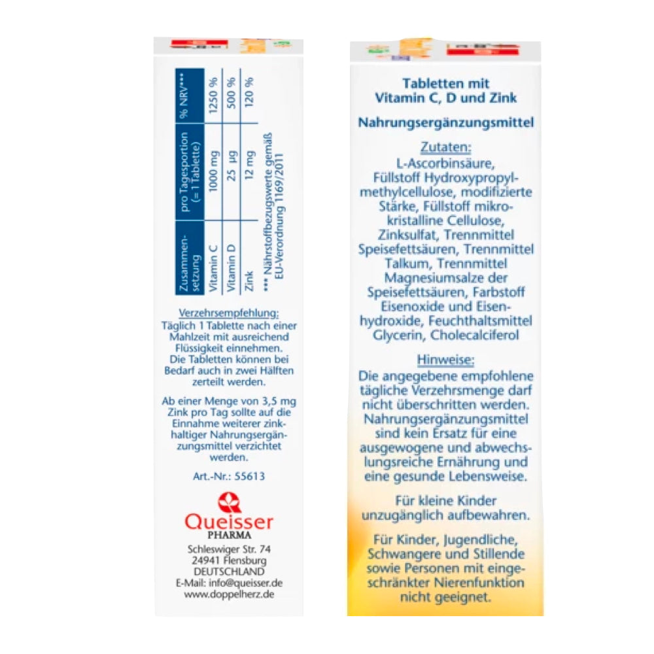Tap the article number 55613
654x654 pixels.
[229, 476]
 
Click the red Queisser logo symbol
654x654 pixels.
[229, 504]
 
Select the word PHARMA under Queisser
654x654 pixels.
[228, 535]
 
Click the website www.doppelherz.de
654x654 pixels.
[229, 594]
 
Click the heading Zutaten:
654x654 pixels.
[446, 147]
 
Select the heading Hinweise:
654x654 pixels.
[446, 360]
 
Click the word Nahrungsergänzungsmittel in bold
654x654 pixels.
[446, 122]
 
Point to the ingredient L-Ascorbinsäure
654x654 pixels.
[446, 163]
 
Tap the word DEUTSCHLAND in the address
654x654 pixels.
[228, 571]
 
